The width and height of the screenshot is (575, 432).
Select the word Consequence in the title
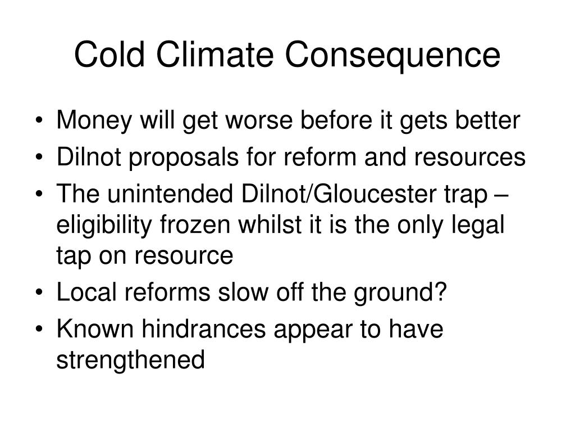(393, 55)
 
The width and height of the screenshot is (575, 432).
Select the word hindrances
(204, 330)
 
